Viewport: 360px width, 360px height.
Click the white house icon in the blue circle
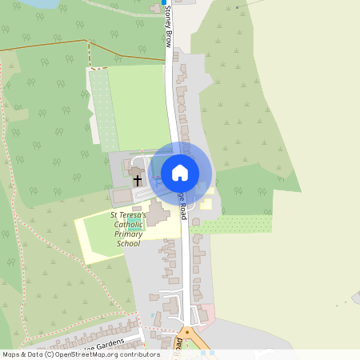pyautogui.click(x=180, y=172)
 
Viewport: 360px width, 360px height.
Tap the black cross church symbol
pyautogui.click(x=138, y=182)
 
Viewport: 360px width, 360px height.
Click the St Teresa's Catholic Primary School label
pyautogui.click(x=128, y=229)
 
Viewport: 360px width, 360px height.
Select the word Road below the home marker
pyautogui.click(x=183, y=210)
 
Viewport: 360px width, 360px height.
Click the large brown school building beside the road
pyautogui.click(x=157, y=214)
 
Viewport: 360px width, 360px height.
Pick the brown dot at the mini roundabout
pyautogui.click(x=187, y=330)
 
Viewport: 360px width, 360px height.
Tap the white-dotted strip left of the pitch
pyautogui.click(x=102, y=112)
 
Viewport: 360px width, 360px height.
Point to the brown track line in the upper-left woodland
pyautogui.click(x=48, y=46)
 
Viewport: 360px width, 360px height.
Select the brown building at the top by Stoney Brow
pyautogui.click(x=155, y=9)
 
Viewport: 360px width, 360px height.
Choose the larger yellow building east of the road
pyautogui.click(x=206, y=202)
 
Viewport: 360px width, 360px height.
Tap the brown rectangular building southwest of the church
pyautogui.click(x=122, y=196)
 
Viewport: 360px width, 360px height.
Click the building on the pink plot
pyautogui.click(x=203, y=315)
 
